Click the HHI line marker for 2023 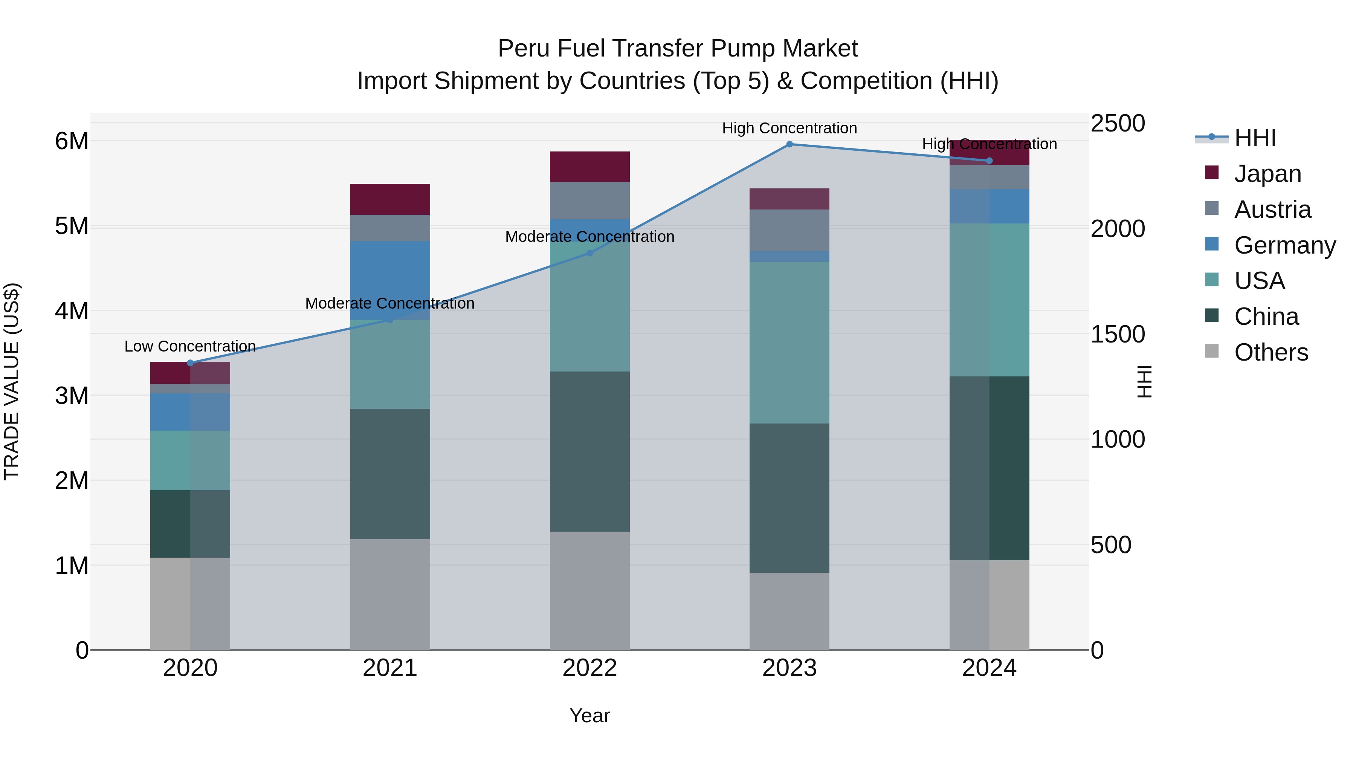pyautogui.click(x=789, y=144)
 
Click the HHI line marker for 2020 pyautogui.click(x=191, y=363)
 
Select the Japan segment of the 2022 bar pyautogui.click(x=589, y=167)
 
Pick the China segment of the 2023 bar pyautogui.click(x=789, y=498)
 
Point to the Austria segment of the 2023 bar pyautogui.click(x=789, y=230)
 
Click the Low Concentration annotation pyautogui.click(x=190, y=347)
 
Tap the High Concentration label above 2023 pyautogui.click(x=789, y=128)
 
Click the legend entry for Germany pyautogui.click(x=1284, y=245)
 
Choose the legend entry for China pyautogui.click(x=1266, y=317)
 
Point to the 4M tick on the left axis pyautogui.click(x=72, y=311)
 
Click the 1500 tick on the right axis pyautogui.click(x=1117, y=334)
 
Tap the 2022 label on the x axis pyautogui.click(x=589, y=668)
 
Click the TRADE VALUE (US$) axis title pyautogui.click(x=12, y=381)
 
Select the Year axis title pyautogui.click(x=589, y=716)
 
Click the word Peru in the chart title pyautogui.click(x=523, y=49)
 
